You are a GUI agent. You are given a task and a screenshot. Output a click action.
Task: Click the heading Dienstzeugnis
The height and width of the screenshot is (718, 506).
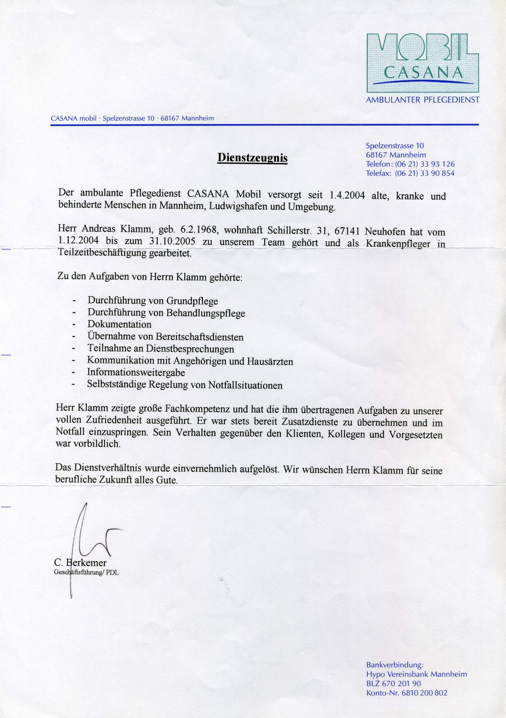pos(252,158)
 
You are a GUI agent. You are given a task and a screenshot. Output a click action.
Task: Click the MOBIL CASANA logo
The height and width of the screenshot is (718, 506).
pos(422,63)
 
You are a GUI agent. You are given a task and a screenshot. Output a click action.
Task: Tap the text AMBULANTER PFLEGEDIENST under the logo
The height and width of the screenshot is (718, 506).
pos(422,100)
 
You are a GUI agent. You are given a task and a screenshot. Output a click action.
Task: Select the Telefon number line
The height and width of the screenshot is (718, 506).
pos(410,164)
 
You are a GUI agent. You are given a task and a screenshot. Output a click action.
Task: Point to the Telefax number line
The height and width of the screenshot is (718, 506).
pos(410,173)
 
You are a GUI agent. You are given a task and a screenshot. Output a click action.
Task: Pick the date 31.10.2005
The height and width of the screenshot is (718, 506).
pos(172,241)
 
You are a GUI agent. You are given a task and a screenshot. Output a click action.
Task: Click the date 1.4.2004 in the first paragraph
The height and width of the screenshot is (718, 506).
pos(347,195)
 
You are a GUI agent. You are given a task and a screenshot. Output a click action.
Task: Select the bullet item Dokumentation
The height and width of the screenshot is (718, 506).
pos(119,324)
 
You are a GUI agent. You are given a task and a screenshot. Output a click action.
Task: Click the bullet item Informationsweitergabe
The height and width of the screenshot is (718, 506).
pos(136,372)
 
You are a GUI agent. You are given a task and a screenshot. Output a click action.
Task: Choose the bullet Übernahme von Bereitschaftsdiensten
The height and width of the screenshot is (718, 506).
pos(166,337)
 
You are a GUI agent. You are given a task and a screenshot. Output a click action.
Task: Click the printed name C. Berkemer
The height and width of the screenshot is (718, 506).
pos(80,563)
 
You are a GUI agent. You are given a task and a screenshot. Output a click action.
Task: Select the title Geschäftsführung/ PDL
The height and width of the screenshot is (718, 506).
pos(86,573)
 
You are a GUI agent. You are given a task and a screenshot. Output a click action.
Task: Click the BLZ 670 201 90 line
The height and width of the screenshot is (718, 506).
pos(393,683)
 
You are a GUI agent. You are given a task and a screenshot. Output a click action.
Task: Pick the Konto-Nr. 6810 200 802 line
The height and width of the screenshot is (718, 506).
pos(406,693)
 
